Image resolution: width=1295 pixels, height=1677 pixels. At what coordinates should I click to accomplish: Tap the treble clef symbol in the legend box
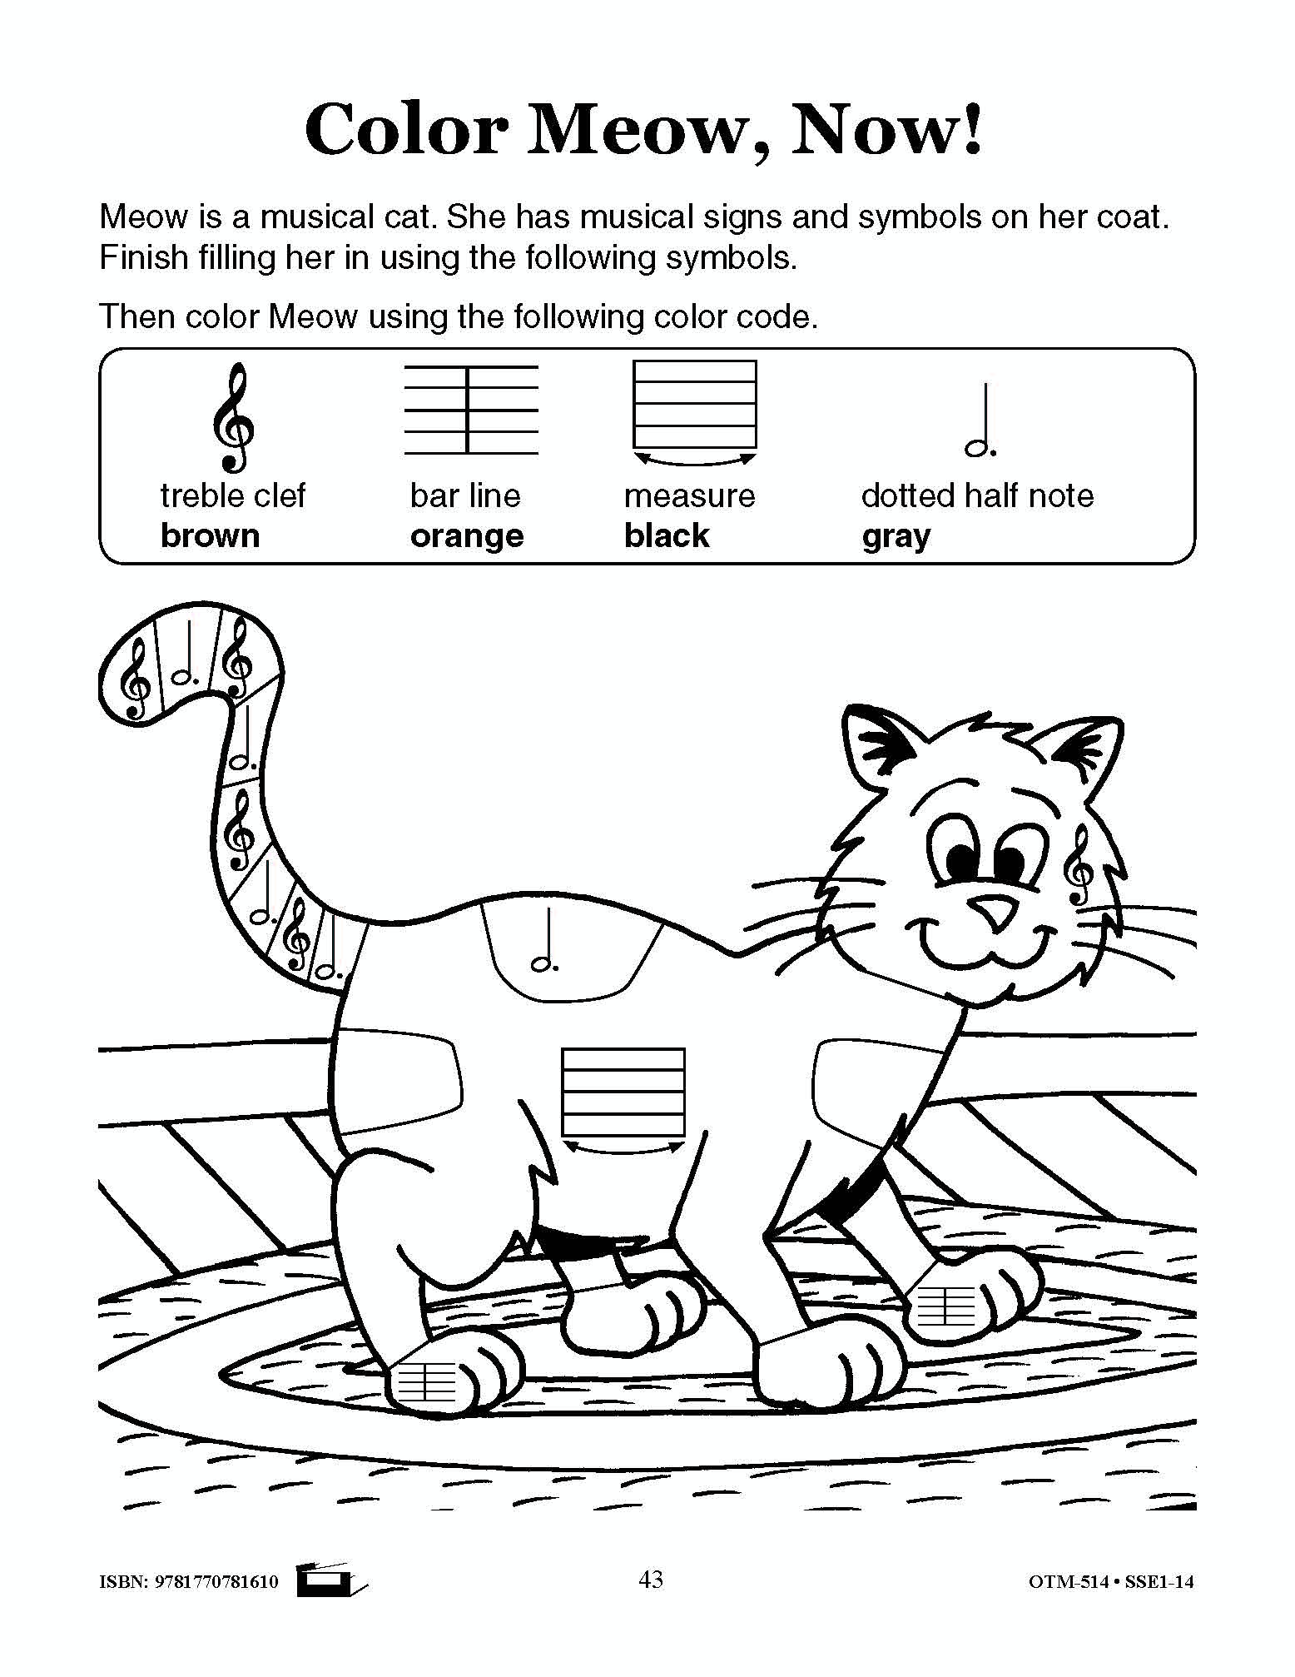click(x=232, y=417)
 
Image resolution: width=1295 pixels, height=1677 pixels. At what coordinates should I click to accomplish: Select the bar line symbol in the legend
click(x=471, y=409)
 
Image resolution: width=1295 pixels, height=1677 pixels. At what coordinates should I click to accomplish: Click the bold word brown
click(x=210, y=535)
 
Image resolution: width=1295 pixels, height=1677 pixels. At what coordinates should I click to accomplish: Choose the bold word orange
click(x=467, y=537)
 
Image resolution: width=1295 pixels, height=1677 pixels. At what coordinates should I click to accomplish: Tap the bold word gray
click(x=896, y=537)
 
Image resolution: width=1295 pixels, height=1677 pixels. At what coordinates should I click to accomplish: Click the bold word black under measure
click(x=667, y=535)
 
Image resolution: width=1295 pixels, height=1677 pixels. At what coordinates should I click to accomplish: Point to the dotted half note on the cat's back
click(x=546, y=940)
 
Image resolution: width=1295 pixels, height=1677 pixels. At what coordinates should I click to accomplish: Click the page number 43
click(x=651, y=1579)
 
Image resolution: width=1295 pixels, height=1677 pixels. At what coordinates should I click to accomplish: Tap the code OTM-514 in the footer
click(x=1069, y=1581)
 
